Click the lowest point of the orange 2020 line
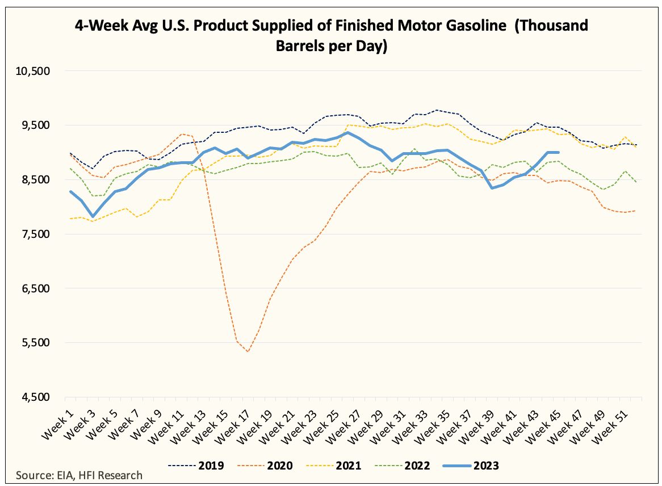[x=248, y=351]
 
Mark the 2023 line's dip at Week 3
[x=93, y=216]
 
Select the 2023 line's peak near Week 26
[x=347, y=132]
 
